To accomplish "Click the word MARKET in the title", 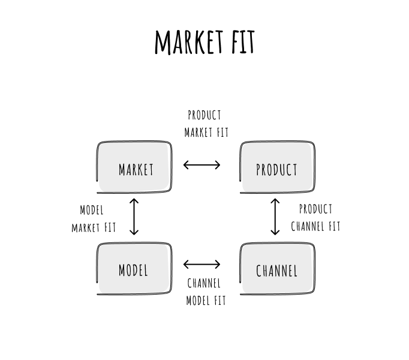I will (x=188, y=42).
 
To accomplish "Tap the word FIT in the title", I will (x=242, y=42).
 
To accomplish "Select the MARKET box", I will (x=135, y=169).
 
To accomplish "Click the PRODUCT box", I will (x=277, y=169).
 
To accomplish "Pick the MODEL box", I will (x=134, y=269).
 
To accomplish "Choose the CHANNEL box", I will (x=277, y=269).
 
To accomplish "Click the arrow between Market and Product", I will (x=202, y=164).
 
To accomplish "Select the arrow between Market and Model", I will (x=134, y=216).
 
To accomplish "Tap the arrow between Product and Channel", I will (x=275, y=216).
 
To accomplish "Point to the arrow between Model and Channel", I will (x=202, y=264).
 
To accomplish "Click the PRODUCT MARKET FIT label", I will (x=206, y=123).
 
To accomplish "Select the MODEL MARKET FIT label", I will (x=93, y=219).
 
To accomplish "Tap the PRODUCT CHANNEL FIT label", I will (x=315, y=218).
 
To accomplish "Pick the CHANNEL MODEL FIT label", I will (x=205, y=292).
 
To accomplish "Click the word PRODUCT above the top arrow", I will (x=204, y=115).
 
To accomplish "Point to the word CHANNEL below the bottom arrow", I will (x=204, y=283).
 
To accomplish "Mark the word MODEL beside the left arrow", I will (x=92, y=210).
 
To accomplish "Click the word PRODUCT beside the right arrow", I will (x=315, y=209).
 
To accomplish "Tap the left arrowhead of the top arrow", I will (x=186, y=164).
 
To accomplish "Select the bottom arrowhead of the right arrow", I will (x=275, y=232).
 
